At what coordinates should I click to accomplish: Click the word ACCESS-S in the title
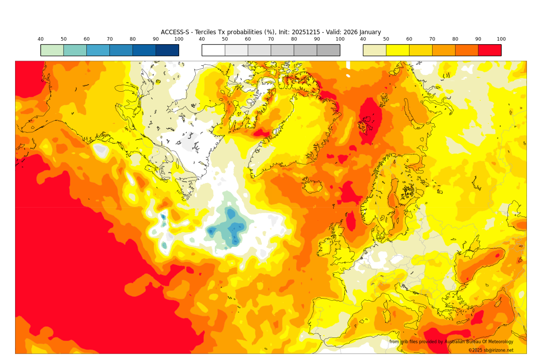(x=175, y=32)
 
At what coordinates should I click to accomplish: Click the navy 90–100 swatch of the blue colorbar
(x=167, y=50)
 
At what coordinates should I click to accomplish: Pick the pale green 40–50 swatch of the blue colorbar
(x=52, y=50)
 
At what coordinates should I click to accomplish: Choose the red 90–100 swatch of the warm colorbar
(x=489, y=50)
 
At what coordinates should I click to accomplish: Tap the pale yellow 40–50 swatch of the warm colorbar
(x=374, y=50)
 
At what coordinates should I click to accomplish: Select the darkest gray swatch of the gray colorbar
(x=328, y=50)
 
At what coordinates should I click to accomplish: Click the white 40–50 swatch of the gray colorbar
(x=213, y=50)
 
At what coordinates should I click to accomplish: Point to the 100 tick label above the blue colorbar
(x=179, y=39)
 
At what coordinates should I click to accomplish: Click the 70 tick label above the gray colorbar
(x=271, y=39)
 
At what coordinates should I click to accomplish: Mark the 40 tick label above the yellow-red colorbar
(x=363, y=39)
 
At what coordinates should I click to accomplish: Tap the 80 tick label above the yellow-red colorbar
(x=455, y=39)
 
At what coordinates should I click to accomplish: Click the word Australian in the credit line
(x=460, y=342)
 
